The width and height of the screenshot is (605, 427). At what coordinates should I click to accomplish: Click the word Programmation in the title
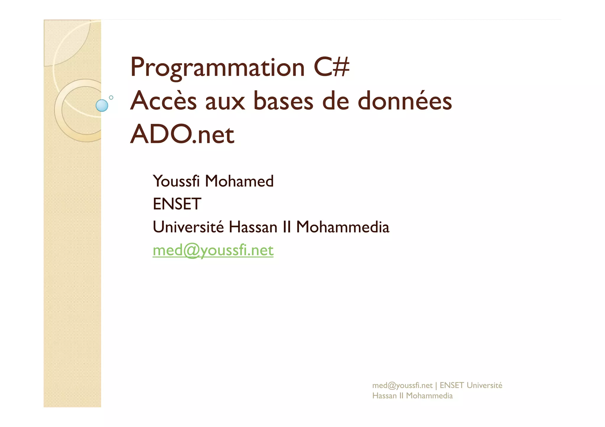[217, 68]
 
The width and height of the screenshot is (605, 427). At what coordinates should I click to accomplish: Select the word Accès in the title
[163, 101]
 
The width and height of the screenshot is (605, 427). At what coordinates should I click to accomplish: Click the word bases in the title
[283, 101]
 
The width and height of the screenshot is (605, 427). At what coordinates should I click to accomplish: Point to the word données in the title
[405, 101]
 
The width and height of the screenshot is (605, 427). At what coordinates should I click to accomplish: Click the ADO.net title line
[182, 135]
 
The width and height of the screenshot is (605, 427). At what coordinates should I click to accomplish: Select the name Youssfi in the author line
[176, 181]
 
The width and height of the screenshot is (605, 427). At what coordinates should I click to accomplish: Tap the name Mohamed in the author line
[239, 181]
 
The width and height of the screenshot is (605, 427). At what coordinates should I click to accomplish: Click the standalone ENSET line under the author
[177, 204]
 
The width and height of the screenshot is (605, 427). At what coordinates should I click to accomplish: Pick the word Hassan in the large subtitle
[253, 227]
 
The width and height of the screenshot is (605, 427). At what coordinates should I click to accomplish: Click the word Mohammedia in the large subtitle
[343, 227]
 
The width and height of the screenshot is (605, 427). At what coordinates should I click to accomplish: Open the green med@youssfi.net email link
[213, 251]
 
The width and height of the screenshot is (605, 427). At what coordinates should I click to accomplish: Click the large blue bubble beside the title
[102, 106]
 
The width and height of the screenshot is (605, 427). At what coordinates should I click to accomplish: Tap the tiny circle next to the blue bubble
[111, 97]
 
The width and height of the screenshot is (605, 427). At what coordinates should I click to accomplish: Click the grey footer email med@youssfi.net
[402, 385]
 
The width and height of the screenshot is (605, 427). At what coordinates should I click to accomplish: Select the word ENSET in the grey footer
[452, 385]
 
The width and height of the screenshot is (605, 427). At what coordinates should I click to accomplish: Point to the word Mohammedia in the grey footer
[429, 396]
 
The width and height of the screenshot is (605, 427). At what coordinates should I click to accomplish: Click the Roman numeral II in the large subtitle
[287, 227]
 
